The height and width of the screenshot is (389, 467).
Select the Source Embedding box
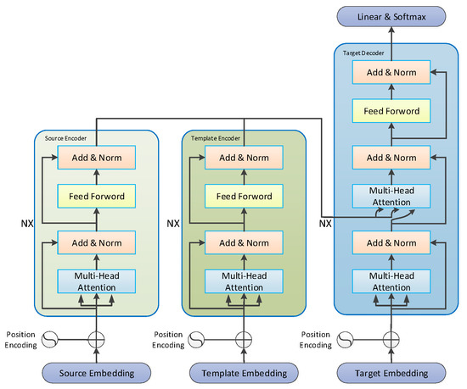pos(97,372)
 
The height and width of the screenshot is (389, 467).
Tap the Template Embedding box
pos(244,372)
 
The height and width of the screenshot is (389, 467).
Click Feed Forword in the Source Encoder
pos(96,197)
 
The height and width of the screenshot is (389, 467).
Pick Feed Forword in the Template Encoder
pos(244,197)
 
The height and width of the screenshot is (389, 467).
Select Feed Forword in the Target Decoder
pos(391,110)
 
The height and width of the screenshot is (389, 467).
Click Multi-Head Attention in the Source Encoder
pos(96,281)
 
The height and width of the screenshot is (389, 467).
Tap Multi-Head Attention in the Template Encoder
pos(244,281)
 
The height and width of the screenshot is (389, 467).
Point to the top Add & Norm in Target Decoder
pos(391,72)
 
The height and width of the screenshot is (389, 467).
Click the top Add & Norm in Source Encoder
pos(96,158)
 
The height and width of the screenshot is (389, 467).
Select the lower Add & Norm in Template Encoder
pos(244,242)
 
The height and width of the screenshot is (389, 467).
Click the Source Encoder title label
pos(63,137)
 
